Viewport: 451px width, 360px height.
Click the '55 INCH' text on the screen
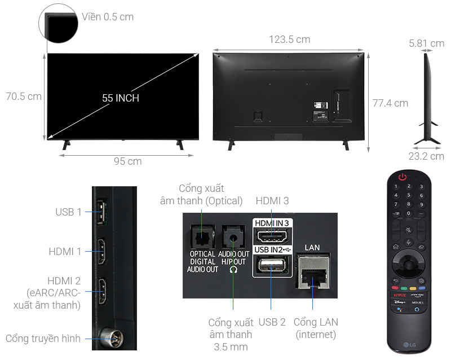(x=121, y=98)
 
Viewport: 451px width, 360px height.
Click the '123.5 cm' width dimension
(x=289, y=39)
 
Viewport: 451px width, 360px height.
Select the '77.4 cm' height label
(x=390, y=103)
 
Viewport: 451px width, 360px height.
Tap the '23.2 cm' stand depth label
(x=426, y=156)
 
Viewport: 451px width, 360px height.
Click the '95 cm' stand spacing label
(x=127, y=161)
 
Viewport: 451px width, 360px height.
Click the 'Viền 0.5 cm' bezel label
(x=107, y=17)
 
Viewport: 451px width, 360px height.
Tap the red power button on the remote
(x=403, y=177)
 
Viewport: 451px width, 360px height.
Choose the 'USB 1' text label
(x=68, y=212)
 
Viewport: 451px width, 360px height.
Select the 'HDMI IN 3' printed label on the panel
(x=272, y=223)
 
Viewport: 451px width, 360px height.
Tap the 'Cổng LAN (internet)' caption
(x=316, y=329)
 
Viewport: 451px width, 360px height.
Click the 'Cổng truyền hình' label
(x=43, y=339)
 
